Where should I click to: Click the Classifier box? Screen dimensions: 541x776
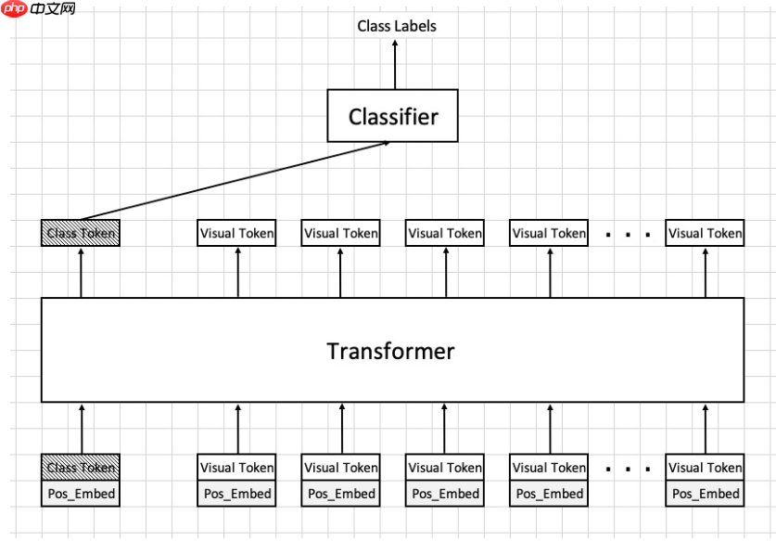click(392, 116)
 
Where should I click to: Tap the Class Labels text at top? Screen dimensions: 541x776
click(397, 26)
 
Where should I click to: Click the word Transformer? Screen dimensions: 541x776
click(390, 351)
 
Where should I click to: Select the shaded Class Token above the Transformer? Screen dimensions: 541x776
click(81, 233)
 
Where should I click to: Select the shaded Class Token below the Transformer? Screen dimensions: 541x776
click(81, 468)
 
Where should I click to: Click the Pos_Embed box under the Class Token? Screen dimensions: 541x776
click(81, 494)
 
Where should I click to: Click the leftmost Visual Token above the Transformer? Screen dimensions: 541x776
click(236, 233)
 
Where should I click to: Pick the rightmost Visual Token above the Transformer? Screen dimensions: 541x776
click(706, 233)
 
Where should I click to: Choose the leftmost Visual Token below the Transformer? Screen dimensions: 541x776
click(236, 468)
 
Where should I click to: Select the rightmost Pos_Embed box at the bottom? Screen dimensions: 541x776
click(706, 494)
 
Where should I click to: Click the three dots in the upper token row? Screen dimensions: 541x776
click(627, 235)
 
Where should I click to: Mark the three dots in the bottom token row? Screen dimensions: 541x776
click(627, 469)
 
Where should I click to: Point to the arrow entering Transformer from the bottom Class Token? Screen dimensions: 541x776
click(81, 429)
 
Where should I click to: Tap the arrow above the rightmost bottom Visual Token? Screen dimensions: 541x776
click(706, 429)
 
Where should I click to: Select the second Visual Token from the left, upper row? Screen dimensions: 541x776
click(341, 233)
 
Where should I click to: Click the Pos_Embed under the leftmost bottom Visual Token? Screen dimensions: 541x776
click(236, 494)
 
